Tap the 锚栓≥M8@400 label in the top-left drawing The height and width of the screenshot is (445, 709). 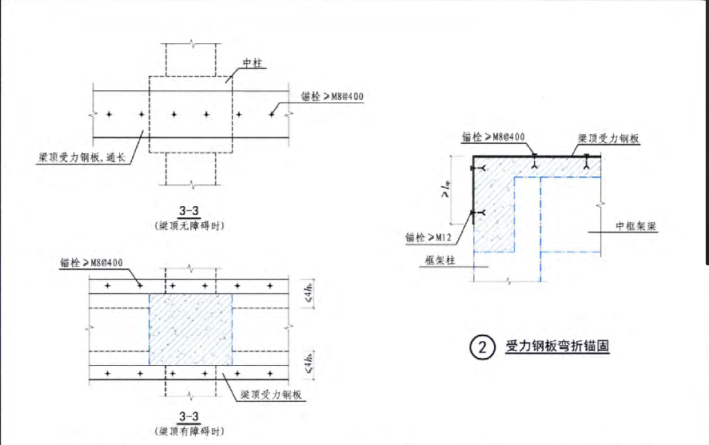329,97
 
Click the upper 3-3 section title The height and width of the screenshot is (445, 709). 189,211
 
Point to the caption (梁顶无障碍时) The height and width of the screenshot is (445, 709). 189,225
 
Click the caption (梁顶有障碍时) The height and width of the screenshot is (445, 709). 189,431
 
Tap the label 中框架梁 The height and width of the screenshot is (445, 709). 635,226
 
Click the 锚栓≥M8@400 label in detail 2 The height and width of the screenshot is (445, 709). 493,137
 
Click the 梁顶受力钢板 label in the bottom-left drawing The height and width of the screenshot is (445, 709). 275,395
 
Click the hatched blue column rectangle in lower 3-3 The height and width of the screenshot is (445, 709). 190,328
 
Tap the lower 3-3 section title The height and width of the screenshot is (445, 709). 189,416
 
